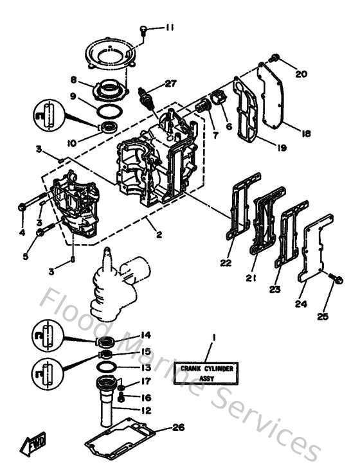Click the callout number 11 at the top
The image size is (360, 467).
click(x=169, y=27)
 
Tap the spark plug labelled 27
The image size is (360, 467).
click(x=150, y=98)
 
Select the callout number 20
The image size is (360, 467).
click(x=301, y=73)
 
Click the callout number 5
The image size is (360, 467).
click(x=26, y=257)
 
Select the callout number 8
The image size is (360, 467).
click(x=74, y=80)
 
